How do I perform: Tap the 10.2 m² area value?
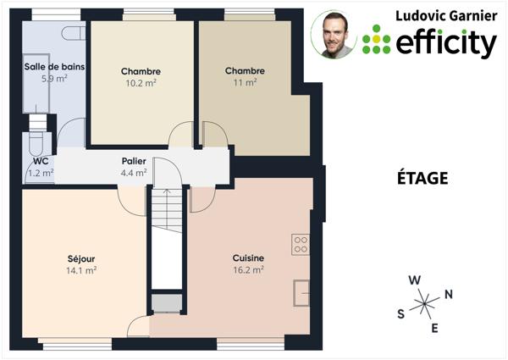coord(141,83)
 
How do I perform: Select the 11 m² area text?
coord(245,82)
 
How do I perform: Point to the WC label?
coord(40,160)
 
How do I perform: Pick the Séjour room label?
coord(81,258)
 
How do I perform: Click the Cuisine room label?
coord(248,258)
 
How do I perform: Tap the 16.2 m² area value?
coord(248,270)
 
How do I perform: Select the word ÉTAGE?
coord(422,179)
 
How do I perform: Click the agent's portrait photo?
coord(334,34)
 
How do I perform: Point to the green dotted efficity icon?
coord(376,39)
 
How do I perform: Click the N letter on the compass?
coord(449,294)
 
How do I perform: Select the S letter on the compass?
coord(400,313)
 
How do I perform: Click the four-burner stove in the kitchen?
coord(301,245)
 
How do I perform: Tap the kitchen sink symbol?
coord(301,291)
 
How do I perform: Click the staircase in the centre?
coord(167,237)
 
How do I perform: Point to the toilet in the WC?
coord(37,141)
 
